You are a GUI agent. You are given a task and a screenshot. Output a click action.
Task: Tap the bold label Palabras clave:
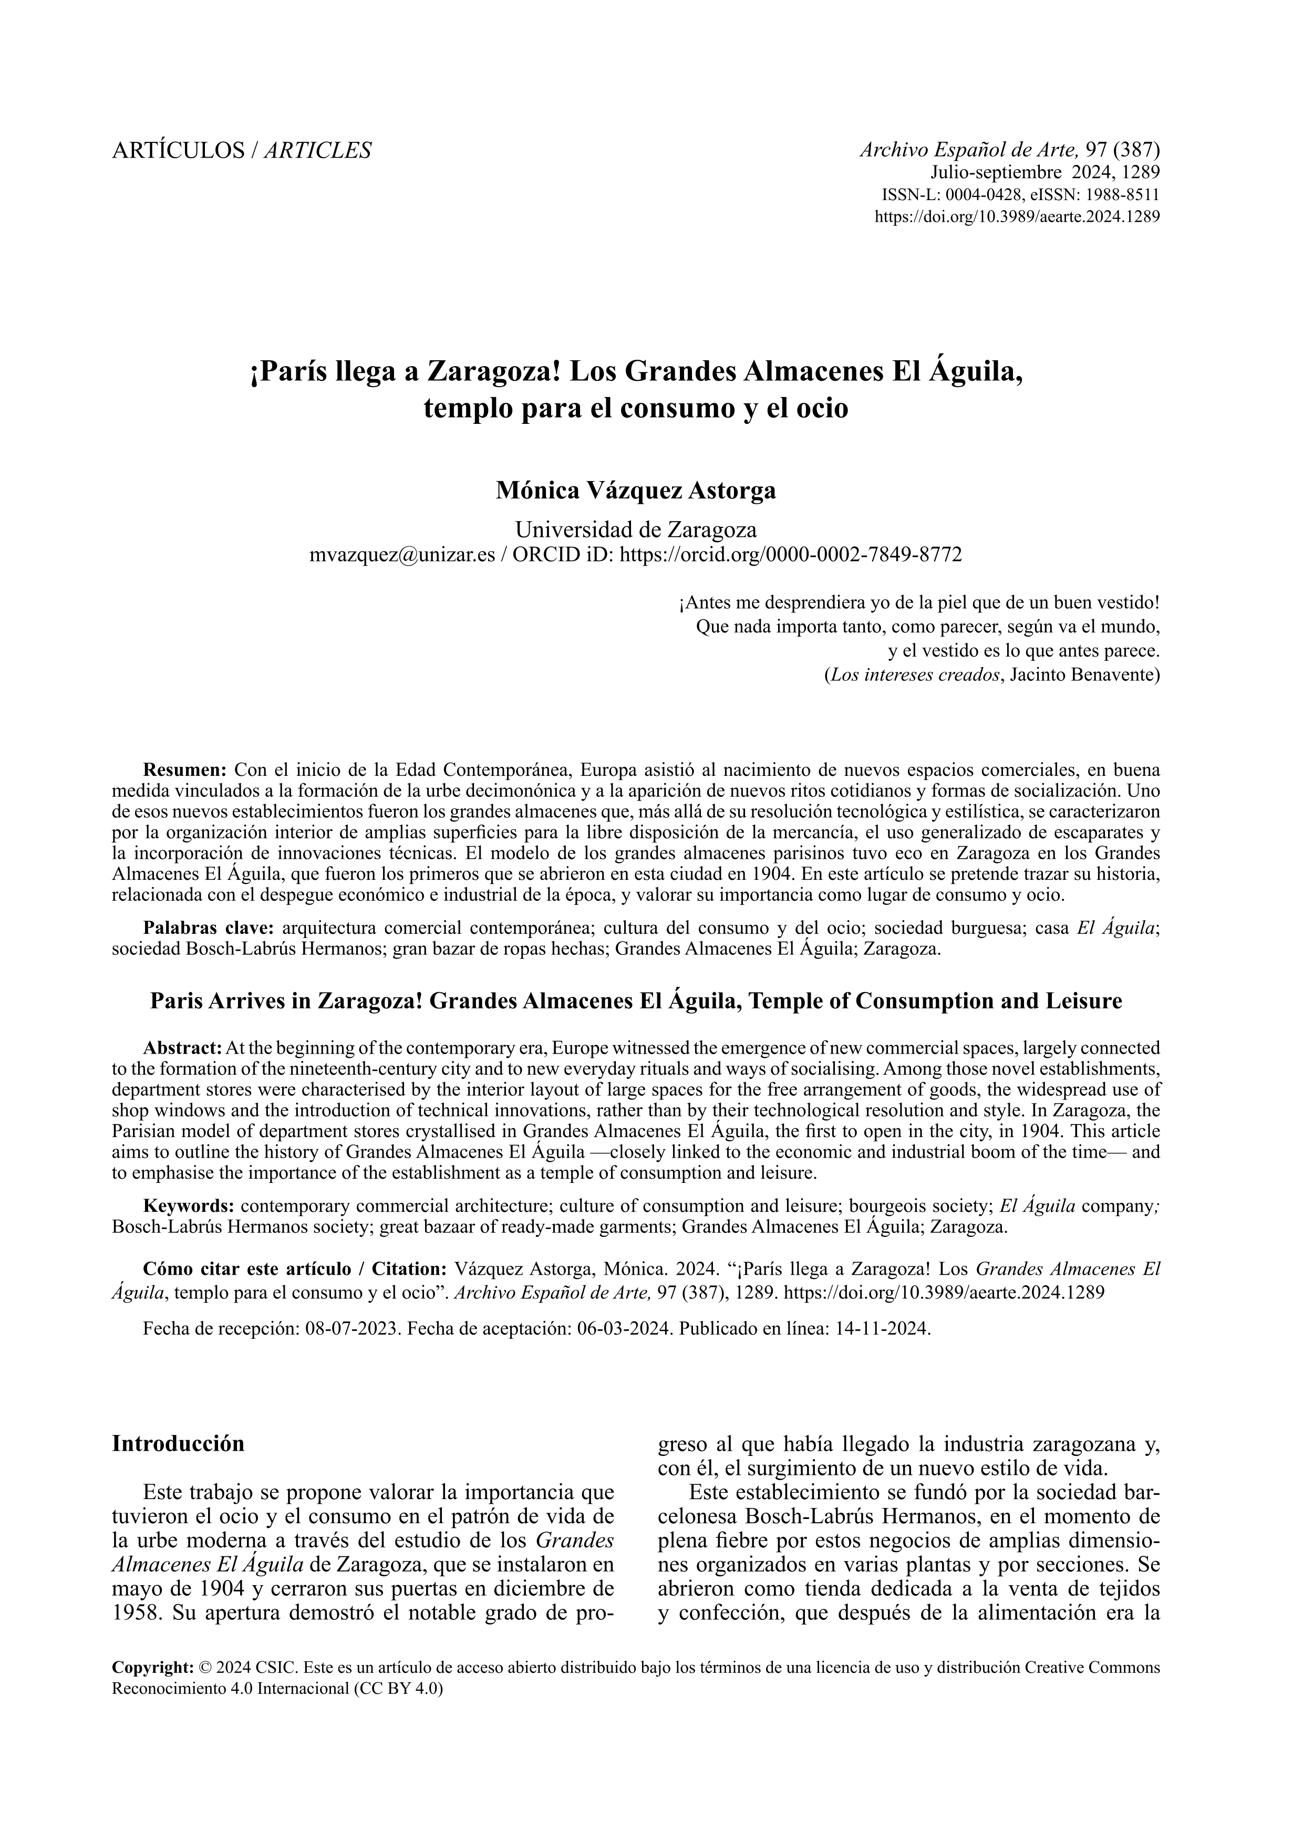[209, 928]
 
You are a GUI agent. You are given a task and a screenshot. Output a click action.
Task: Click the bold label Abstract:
[182, 1048]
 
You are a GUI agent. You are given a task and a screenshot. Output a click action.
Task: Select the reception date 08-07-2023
[352, 1328]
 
